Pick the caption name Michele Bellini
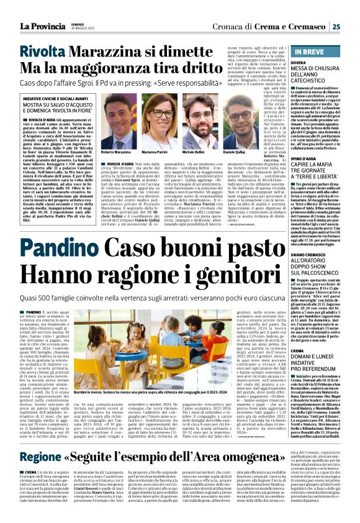(x=194, y=152)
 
